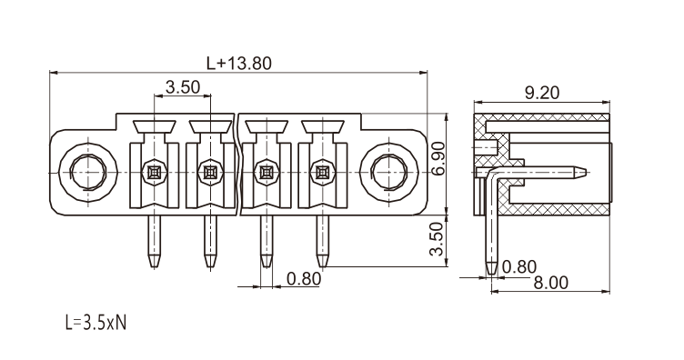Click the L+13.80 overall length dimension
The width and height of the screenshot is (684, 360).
[x=239, y=64]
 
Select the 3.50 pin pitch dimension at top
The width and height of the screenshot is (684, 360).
[x=183, y=87]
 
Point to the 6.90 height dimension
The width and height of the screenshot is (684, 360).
[x=438, y=158]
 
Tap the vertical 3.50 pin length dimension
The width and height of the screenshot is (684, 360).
[x=437, y=239]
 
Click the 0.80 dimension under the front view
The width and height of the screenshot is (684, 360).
[x=304, y=279]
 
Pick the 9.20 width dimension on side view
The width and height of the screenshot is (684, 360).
[x=542, y=93]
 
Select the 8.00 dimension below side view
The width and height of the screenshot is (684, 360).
[x=551, y=284]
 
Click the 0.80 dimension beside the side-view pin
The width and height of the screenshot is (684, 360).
[x=519, y=266]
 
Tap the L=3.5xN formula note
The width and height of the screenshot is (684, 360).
[x=96, y=323]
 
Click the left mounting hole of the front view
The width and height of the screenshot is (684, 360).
[x=87, y=173]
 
